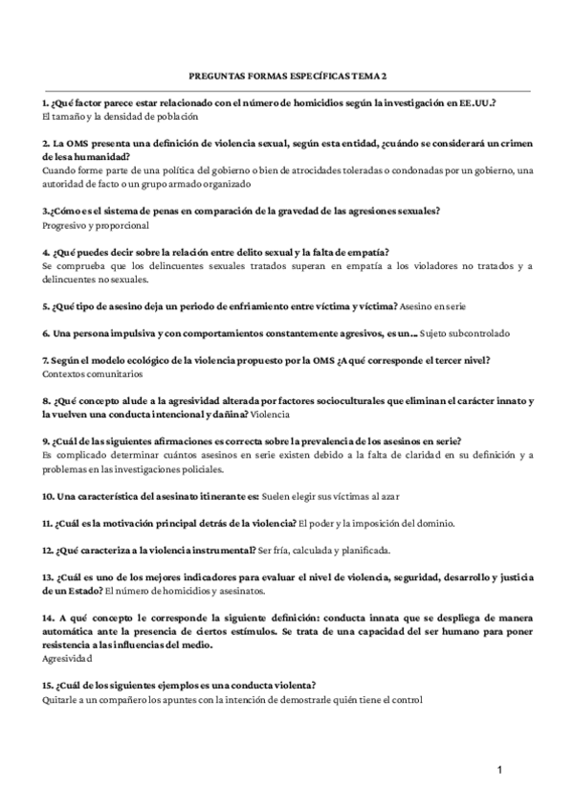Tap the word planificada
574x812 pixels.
(x=362, y=551)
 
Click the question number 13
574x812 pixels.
(x=48, y=577)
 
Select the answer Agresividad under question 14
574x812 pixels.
(x=68, y=659)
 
